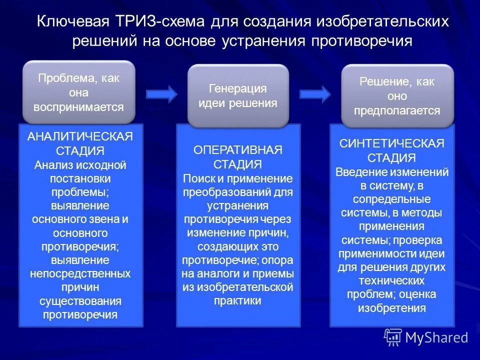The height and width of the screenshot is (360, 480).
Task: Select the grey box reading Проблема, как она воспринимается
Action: click(78, 92)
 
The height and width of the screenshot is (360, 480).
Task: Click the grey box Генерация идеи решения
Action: click(238, 96)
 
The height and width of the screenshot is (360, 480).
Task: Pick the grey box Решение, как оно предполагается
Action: click(397, 96)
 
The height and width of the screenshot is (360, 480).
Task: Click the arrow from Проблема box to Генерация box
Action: click(161, 93)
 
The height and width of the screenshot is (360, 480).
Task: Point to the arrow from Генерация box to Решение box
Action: click(315, 93)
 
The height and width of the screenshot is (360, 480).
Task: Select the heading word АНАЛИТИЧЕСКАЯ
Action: click(80, 137)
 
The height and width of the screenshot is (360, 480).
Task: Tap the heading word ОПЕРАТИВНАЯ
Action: click(238, 150)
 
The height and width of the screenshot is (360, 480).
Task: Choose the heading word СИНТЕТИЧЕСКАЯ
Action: click(392, 144)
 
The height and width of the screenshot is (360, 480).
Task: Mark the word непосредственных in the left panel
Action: click(80, 273)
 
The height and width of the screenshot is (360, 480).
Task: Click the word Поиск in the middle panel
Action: click(196, 178)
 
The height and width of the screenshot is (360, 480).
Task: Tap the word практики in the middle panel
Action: click(238, 301)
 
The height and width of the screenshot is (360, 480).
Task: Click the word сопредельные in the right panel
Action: click(392, 199)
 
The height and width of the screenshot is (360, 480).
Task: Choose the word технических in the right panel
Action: click(392, 280)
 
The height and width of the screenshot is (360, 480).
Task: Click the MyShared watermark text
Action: click(436, 337)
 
